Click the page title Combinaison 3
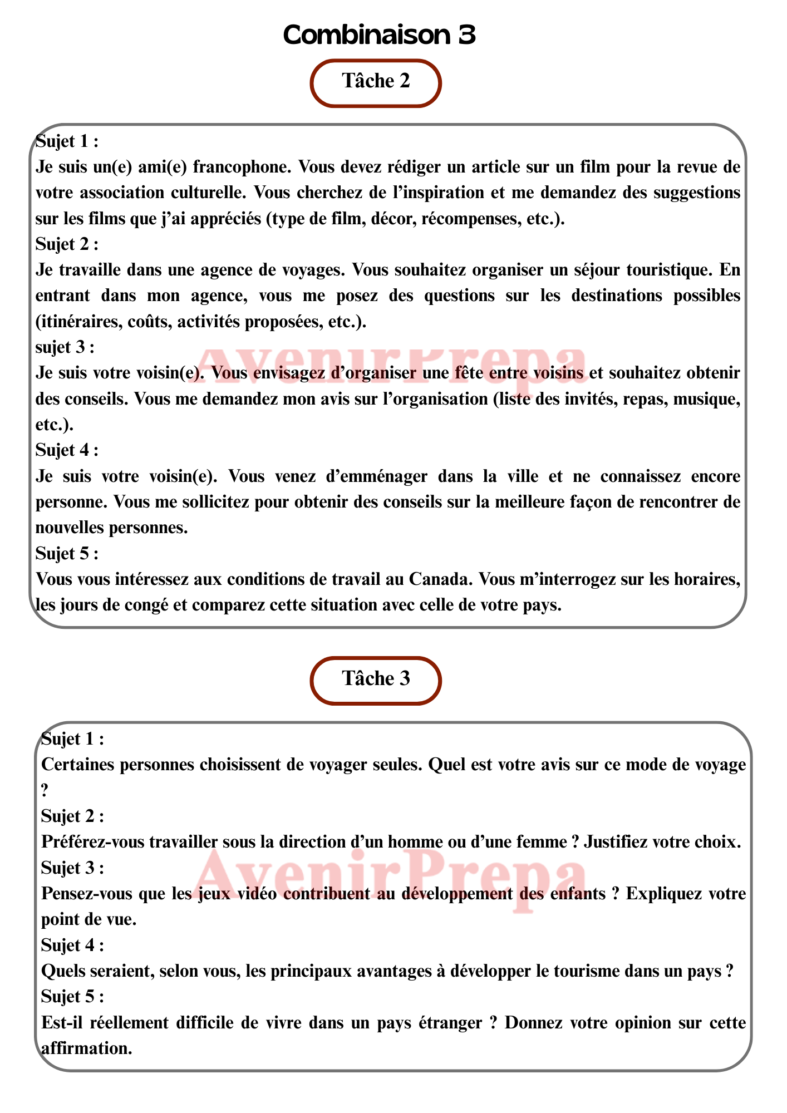click(379, 35)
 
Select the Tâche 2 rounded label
click(376, 82)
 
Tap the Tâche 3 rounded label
click(376, 679)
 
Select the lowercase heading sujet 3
click(65, 347)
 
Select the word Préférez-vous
click(93, 842)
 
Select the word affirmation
click(86, 1048)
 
